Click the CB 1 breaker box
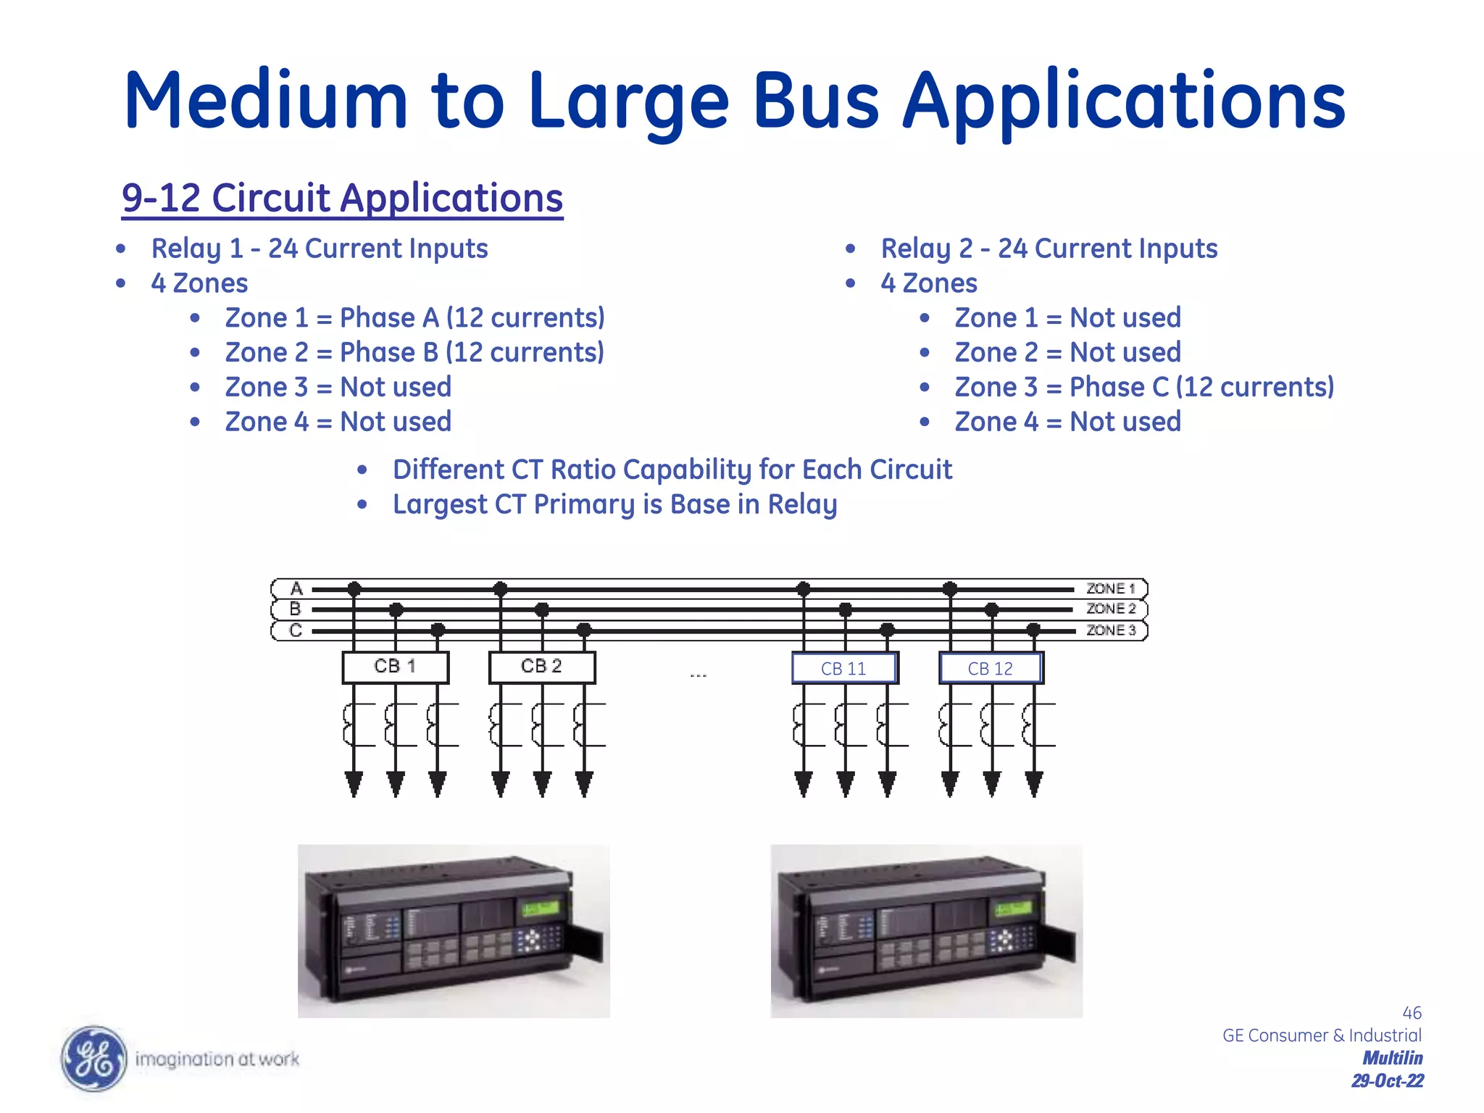coord(395,667)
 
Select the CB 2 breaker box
coord(542,667)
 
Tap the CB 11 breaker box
coord(844,668)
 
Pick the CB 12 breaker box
coord(991,668)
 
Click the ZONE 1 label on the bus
coord(1110,588)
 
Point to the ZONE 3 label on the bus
coord(1110,630)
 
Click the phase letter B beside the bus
coord(295,609)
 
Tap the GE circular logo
coord(93,1059)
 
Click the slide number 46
coord(1412,1012)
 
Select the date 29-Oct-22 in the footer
coord(1387,1081)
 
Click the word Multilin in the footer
coord(1392,1058)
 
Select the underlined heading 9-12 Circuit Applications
coord(342,198)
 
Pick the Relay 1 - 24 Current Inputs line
coord(319,249)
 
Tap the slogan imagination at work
coord(217,1059)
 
